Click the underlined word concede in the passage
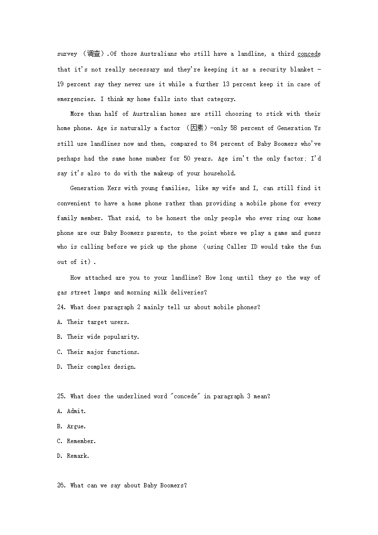(x=309, y=54)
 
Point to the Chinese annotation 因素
(x=197, y=129)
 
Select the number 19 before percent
(x=60, y=84)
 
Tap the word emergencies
(x=77, y=99)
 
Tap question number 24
(x=61, y=307)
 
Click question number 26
(x=61, y=485)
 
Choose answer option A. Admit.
(x=71, y=411)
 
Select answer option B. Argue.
(x=71, y=426)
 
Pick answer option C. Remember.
(x=76, y=441)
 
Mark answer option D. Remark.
(x=73, y=456)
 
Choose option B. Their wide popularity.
(x=98, y=337)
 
